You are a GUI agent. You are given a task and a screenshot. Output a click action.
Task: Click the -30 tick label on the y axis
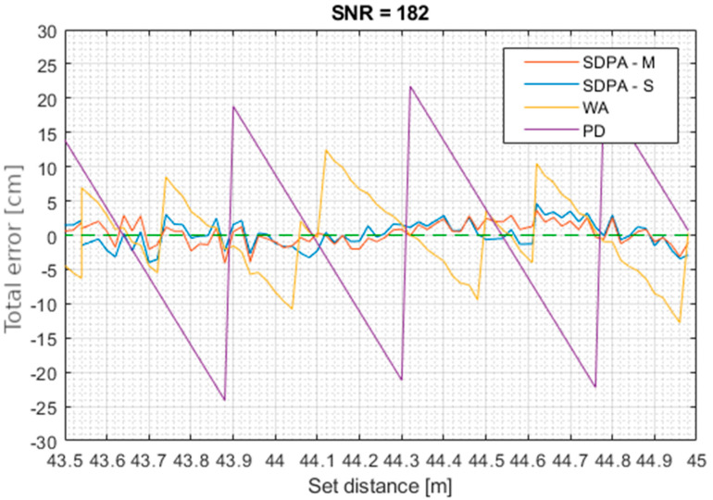pos(44,440)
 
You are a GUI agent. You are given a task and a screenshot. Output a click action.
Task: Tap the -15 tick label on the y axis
pos(44,338)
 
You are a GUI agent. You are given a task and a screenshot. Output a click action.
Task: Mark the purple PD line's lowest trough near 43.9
pos(224,399)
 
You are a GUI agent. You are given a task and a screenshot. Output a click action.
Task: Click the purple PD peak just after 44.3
pos(409,87)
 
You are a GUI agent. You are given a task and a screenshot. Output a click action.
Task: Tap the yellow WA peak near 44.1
pos(325,150)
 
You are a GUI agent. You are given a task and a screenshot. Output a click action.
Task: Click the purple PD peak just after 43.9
pos(233,106)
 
